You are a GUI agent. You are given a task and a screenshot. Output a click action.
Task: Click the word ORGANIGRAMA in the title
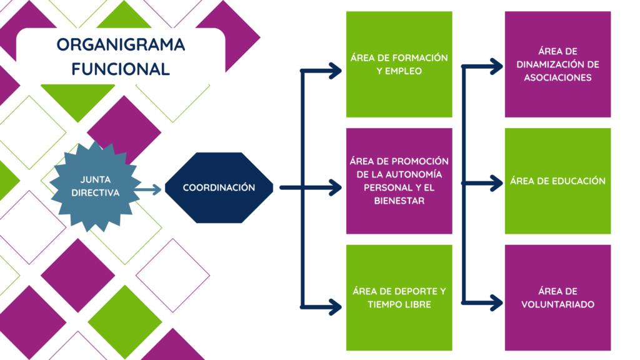pyautogui.click(x=121, y=44)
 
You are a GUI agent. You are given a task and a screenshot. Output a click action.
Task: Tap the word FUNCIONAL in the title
pyautogui.click(x=121, y=69)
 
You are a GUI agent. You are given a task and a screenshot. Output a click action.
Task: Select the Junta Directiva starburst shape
pyautogui.click(x=96, y=186)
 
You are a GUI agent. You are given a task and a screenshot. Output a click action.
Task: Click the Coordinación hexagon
pyautogui.click(x=219, y=187)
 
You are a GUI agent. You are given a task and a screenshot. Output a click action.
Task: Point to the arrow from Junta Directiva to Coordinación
pyautogui.click(x=147, y=189)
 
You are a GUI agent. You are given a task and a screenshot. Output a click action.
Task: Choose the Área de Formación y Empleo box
pyautogui.click(x=399, y=64)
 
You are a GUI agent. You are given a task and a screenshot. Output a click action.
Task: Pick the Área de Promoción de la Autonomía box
pyautogui.click(x=399, y=181)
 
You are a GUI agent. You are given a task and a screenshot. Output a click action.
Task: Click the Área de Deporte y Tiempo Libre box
pyautogui.click(x=399, y=297)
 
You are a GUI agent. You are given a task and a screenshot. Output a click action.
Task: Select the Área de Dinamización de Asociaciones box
pyautogui.click(x=557, y=64)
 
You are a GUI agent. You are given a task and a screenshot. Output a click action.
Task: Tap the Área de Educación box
pyautogui.click(x=557, y=181)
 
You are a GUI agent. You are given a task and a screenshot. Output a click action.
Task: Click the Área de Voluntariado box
pyautogui.click(x=557, y=297)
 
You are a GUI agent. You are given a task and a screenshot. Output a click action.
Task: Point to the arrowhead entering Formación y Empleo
pyautogui.click(x=335, y=71)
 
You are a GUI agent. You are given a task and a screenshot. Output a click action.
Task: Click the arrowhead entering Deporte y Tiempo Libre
pyautogui.click(x=335, y=307)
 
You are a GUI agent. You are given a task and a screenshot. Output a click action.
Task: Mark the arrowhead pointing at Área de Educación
pyautogui.click(x=496, y=183)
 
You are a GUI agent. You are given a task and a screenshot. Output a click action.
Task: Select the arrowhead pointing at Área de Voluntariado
pyautogui.click(x=496, y=303)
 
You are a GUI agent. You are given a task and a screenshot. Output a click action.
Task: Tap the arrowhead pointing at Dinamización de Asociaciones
pyautogui.click(x=496, y=66)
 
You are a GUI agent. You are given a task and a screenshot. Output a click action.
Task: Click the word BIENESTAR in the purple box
pyautogui.click(x=399, y=201)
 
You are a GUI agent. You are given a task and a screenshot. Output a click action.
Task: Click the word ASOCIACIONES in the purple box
pyautogui.click(x=557, y=77)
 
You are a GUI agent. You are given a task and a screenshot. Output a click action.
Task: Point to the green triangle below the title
pyautogui.click(x=78, y=98)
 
